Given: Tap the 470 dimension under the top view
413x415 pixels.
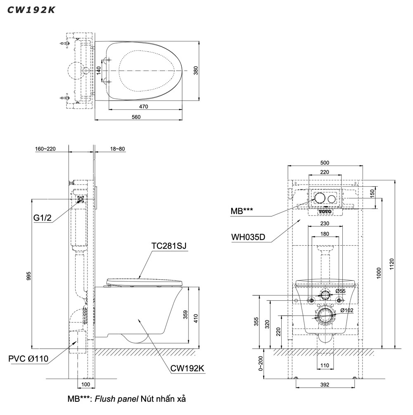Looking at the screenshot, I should tap(144, 107).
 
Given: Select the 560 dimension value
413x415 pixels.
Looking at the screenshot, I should tap(136, 117).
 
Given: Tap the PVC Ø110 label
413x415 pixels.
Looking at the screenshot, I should tap(28, 359).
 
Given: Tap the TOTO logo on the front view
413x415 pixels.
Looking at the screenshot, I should tap(325, 211).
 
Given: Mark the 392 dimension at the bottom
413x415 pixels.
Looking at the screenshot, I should tap(325, 385).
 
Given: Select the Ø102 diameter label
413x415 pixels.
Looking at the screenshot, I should tap(347, 310).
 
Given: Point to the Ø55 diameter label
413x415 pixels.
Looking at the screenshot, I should tap(341, 291).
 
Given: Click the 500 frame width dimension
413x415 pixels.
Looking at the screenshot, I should tap(325, 163).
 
